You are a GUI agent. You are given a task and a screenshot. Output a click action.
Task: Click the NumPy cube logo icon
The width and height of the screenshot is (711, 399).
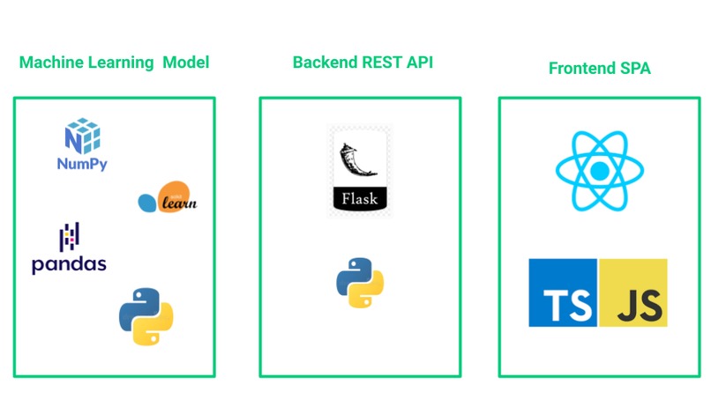point(83,136)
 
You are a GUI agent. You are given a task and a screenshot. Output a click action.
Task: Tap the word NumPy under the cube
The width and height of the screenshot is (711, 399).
point(82,164)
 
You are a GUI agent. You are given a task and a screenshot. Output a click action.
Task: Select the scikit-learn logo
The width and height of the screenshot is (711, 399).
point(168,197)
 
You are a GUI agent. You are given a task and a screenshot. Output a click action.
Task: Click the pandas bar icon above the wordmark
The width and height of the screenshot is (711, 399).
point(70,237)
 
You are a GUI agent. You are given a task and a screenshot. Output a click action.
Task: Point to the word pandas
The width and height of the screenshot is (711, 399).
point(69,264)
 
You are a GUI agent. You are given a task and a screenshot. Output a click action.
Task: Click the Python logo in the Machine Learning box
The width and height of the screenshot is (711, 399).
point(146,316)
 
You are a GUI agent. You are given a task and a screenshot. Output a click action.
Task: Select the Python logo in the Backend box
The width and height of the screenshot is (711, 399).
point(360,283)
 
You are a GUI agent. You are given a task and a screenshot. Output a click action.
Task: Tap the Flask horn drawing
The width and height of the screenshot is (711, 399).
point(357,160)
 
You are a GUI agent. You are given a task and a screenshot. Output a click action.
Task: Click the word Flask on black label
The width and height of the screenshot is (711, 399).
point(360,198)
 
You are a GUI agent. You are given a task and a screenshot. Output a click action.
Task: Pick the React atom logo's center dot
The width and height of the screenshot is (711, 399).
point(600,171)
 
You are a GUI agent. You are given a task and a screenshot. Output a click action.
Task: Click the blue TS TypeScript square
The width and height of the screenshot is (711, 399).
point(563,292)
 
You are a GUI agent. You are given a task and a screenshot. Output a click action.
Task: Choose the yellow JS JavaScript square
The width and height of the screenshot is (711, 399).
point(633,292)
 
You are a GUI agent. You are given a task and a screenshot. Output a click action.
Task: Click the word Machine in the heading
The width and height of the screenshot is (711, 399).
point(51,62)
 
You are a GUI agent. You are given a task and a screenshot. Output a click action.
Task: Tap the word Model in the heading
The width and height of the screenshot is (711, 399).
point(186,62)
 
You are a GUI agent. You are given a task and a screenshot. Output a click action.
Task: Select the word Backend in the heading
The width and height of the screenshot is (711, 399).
point(326,62)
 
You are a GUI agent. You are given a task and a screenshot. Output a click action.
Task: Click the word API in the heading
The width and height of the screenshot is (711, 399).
point(420,62)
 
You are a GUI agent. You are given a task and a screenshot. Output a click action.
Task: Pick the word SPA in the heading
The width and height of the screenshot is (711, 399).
point(635,68)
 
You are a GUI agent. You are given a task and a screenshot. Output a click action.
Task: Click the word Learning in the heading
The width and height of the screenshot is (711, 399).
point(121,63)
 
